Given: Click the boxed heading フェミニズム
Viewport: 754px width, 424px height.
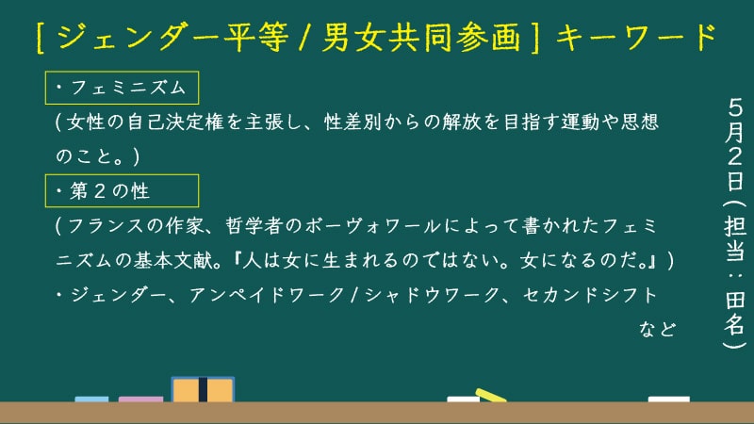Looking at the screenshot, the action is (122, 88).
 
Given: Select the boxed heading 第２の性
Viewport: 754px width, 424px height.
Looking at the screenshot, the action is (122, 191).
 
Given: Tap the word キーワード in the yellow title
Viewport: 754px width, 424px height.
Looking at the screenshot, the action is (636, 37).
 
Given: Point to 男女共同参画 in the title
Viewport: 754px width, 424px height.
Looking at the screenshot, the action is (421, 37).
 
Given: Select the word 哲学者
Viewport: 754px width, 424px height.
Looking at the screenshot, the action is (254, 226).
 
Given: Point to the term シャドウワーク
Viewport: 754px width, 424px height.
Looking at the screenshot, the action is (433, 295).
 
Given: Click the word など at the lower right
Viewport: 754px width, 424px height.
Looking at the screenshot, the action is (657, 329).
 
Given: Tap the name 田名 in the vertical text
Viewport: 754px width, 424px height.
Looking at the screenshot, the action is (735, 313).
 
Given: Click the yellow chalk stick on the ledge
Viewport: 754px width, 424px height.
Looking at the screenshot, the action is (491, 395).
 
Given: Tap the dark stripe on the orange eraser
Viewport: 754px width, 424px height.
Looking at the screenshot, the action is (203, 390).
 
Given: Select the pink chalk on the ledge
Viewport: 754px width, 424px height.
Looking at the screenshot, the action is (140, 399).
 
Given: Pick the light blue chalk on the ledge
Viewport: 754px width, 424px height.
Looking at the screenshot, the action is (91, 399).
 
